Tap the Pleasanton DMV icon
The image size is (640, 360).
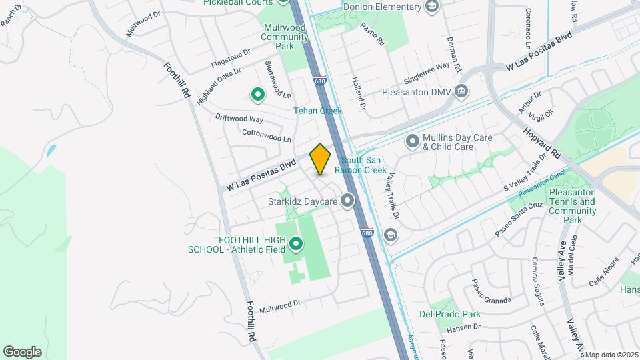click(461, 92)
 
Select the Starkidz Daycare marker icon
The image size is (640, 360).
click(347, 200)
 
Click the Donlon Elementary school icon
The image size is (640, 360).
click(431, 7)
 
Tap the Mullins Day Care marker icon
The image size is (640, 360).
click(413, 141)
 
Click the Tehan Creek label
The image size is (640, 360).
click(318, 111)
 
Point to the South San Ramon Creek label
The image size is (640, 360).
click(364, 165)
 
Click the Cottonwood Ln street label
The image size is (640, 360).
click(267, 136)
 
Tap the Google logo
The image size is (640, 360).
click(22, 351)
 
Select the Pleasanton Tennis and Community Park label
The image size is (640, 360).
click(573, 206)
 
